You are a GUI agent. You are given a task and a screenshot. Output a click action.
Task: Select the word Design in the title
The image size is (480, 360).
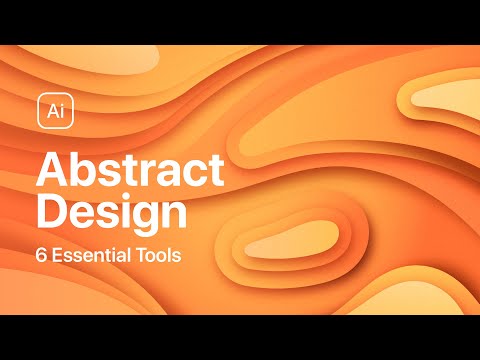click(112, 214)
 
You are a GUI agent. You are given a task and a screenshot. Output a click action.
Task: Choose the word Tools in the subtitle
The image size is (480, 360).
click(158, 254)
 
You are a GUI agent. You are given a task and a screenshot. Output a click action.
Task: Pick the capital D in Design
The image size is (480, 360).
click(51, 214)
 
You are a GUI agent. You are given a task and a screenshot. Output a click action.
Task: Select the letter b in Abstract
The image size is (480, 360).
click(82, 171)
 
